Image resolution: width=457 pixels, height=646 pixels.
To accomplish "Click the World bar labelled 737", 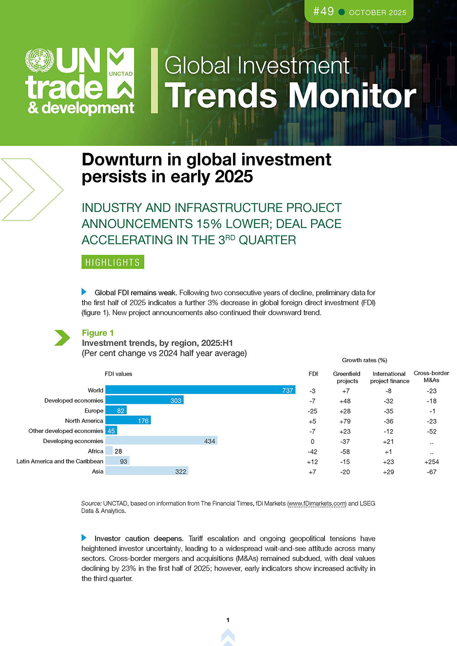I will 200,390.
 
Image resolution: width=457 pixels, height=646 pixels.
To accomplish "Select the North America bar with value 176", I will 128,420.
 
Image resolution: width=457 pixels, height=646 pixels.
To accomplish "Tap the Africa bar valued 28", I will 109,451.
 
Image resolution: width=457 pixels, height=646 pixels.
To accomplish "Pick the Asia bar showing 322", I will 147,471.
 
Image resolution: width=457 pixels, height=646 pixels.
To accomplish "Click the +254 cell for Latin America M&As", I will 431,461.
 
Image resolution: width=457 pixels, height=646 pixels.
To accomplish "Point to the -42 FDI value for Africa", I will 313,451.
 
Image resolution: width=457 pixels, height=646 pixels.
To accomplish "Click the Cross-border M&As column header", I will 431,376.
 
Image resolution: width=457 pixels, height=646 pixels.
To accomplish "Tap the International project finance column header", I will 389,377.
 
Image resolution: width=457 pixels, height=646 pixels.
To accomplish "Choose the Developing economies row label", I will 73,441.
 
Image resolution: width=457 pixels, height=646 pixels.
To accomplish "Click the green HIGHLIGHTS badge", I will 113,262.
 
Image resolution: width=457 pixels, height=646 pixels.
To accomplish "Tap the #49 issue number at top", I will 324,11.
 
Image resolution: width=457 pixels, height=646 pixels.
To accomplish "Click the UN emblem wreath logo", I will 39,61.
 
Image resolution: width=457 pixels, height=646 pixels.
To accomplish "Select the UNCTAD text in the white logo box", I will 121,74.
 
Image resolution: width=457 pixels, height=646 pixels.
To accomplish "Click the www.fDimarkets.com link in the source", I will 317,503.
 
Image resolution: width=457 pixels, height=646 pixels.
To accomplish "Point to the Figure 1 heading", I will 98,333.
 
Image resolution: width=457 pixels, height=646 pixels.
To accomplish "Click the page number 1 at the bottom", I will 228,620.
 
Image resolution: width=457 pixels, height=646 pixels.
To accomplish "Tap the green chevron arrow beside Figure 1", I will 62,338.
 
